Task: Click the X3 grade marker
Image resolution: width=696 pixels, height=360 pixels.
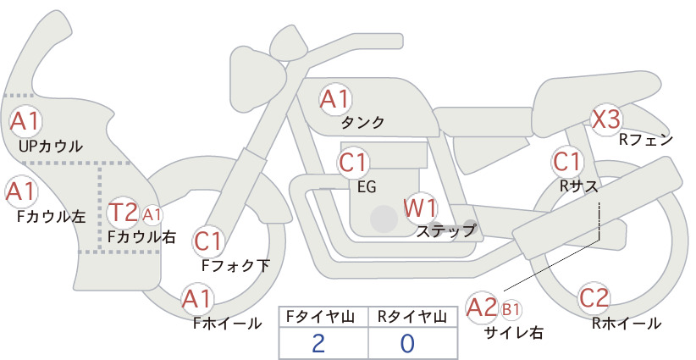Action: click(x=606, y=119)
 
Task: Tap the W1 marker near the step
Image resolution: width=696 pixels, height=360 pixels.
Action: click(x=420, y=208)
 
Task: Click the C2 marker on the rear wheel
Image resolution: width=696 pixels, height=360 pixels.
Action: click(x=594, y=298)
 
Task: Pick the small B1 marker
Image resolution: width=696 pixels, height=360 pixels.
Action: click(x=511, y=309)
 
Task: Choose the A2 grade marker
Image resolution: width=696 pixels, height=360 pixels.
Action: click(x=482, y=307)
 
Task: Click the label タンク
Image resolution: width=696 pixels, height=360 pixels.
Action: click(x=362, y=123)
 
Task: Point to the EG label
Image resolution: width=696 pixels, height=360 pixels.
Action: click(x=367, y=187)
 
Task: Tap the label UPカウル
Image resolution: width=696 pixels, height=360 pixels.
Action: click(x=51, y=146)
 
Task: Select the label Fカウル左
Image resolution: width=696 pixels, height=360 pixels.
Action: click(x=51, y=217)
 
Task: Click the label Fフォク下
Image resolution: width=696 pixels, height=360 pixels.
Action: click(x=235, y=265)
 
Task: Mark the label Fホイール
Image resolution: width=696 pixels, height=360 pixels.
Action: click(x=227, y=324)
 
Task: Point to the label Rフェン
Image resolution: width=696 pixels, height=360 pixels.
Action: click(x=646, y=141)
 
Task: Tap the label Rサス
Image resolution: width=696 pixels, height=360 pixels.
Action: click(x=578, y=187)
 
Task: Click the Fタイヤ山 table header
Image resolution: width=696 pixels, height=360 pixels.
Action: click(x=320, y=317)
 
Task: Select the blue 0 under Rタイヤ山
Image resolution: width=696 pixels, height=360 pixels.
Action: click(x=407, y=343)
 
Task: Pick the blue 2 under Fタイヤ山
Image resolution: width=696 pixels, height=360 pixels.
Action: click(x=318, y=343)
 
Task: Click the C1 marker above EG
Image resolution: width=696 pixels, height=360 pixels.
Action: click(x=353, y=163)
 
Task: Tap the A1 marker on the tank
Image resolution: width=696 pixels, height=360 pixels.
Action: click(x=335, y=99)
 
